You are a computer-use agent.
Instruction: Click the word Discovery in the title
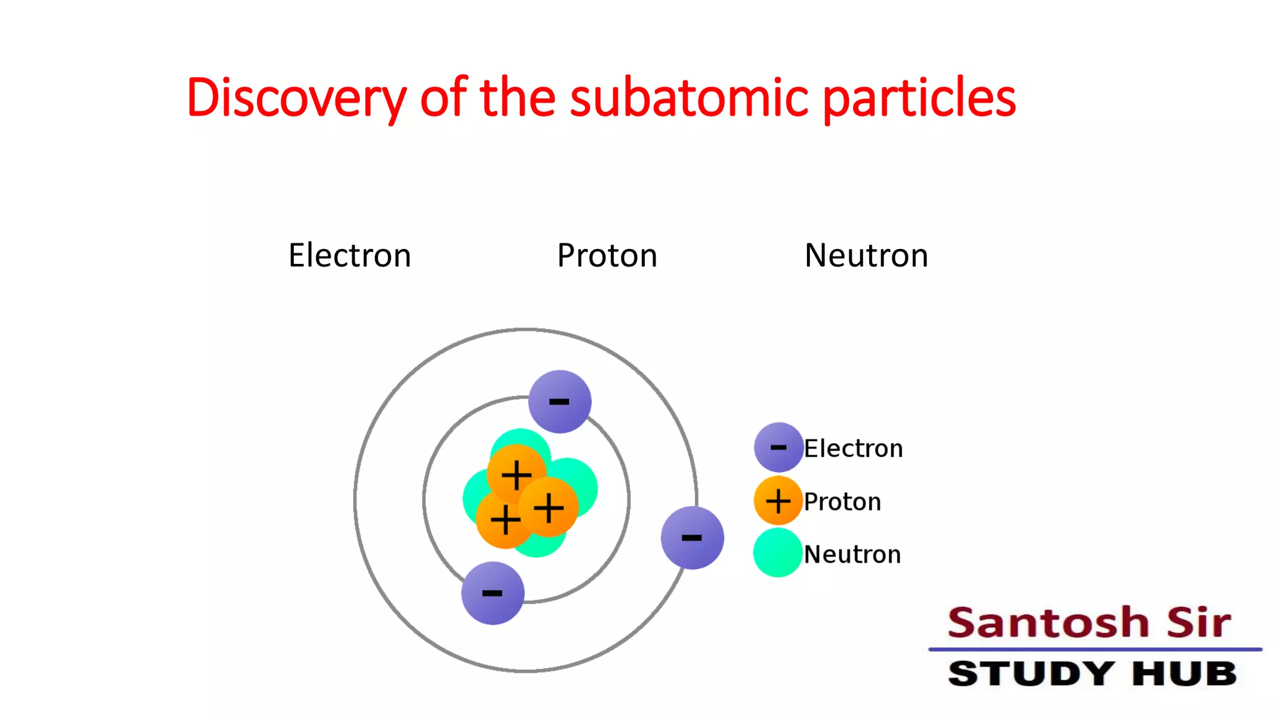tap(296, 98)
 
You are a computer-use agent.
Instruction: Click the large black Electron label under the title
tap(349, 255)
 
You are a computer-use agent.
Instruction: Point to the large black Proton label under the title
tap(607, 255)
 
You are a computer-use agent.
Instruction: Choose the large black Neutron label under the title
tap(866, 255)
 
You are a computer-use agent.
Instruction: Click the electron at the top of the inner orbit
tap(559, 401)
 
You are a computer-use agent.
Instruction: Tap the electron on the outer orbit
tap(692, 537)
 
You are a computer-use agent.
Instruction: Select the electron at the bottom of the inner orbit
tap(492, 593)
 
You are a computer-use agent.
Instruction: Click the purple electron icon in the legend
tap(778, 447)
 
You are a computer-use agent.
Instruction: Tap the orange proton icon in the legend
tap(778, 500)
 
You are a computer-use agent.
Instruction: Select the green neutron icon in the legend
tap(778, 553)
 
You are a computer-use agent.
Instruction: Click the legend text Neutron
tap(852, 554)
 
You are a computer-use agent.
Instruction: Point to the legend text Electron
tap(853, 448)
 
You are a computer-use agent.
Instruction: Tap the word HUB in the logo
tap(1184, 673)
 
